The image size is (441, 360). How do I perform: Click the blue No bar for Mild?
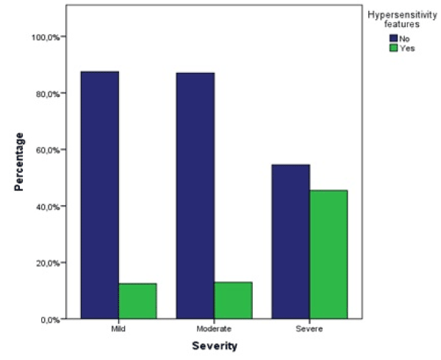point(100,195)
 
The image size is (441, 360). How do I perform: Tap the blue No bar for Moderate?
point(196,195)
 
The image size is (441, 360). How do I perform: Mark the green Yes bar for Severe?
point(329,254)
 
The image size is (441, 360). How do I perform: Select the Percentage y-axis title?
point(19,162)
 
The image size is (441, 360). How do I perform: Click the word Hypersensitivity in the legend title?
point(399,12)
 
